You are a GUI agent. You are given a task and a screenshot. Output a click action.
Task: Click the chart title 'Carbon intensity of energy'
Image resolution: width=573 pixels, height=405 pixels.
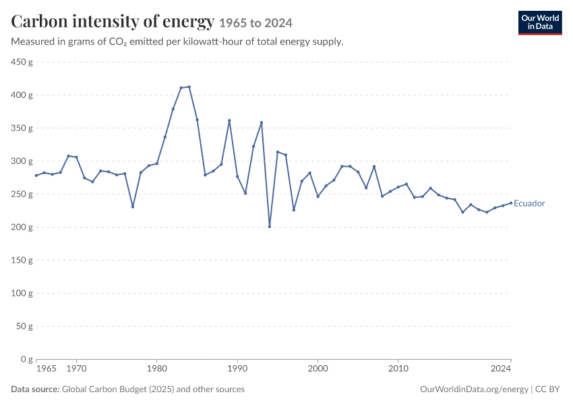coord(113,21)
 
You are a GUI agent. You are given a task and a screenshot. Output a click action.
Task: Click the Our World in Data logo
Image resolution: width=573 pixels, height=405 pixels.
coord(540,23)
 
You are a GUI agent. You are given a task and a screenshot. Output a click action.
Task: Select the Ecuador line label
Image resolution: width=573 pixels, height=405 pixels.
coord(529,203)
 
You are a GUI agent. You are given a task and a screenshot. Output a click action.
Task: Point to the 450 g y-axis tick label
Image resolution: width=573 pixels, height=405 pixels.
coord(22,62)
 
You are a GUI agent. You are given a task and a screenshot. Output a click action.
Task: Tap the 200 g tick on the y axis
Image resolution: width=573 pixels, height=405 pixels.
coord(22,227)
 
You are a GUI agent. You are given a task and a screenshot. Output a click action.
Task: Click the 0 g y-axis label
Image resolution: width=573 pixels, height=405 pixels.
coord(27,359)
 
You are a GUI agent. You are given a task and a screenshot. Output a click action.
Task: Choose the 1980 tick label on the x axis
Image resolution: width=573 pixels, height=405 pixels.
coord(157,369)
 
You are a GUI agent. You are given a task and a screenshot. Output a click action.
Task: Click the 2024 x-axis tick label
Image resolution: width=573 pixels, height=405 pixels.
coord(501,369)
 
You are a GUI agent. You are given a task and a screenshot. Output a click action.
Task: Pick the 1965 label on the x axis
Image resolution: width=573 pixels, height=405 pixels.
coord(47,369)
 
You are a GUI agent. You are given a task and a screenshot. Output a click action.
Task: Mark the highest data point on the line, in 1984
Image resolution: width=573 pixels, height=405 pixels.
coord(189,86)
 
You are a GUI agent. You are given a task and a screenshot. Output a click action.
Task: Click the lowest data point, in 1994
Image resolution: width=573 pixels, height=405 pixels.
coord(270,227)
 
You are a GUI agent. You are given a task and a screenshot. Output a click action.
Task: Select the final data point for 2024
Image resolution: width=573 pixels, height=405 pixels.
coord(511,203)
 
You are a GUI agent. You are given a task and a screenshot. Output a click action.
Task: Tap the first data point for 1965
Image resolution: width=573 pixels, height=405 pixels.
coord(36,175)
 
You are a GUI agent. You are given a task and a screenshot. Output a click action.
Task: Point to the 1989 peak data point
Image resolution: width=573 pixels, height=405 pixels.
coord(229,120)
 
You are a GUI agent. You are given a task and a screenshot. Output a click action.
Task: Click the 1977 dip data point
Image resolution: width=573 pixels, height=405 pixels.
coord(133,207)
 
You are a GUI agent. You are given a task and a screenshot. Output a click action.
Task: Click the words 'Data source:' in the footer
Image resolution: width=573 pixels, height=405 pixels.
coord(35,389)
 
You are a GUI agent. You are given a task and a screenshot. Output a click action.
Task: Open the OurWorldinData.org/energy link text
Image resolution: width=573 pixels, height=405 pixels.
coord(474,389)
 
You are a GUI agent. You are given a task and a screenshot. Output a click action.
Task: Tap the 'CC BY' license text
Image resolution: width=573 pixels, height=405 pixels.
coord(547,389)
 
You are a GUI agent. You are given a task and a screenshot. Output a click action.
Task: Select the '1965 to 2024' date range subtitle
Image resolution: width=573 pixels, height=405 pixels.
coord(255,23)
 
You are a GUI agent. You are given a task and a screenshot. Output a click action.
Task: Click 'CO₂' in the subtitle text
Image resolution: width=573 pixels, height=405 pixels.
coord(118,42)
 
